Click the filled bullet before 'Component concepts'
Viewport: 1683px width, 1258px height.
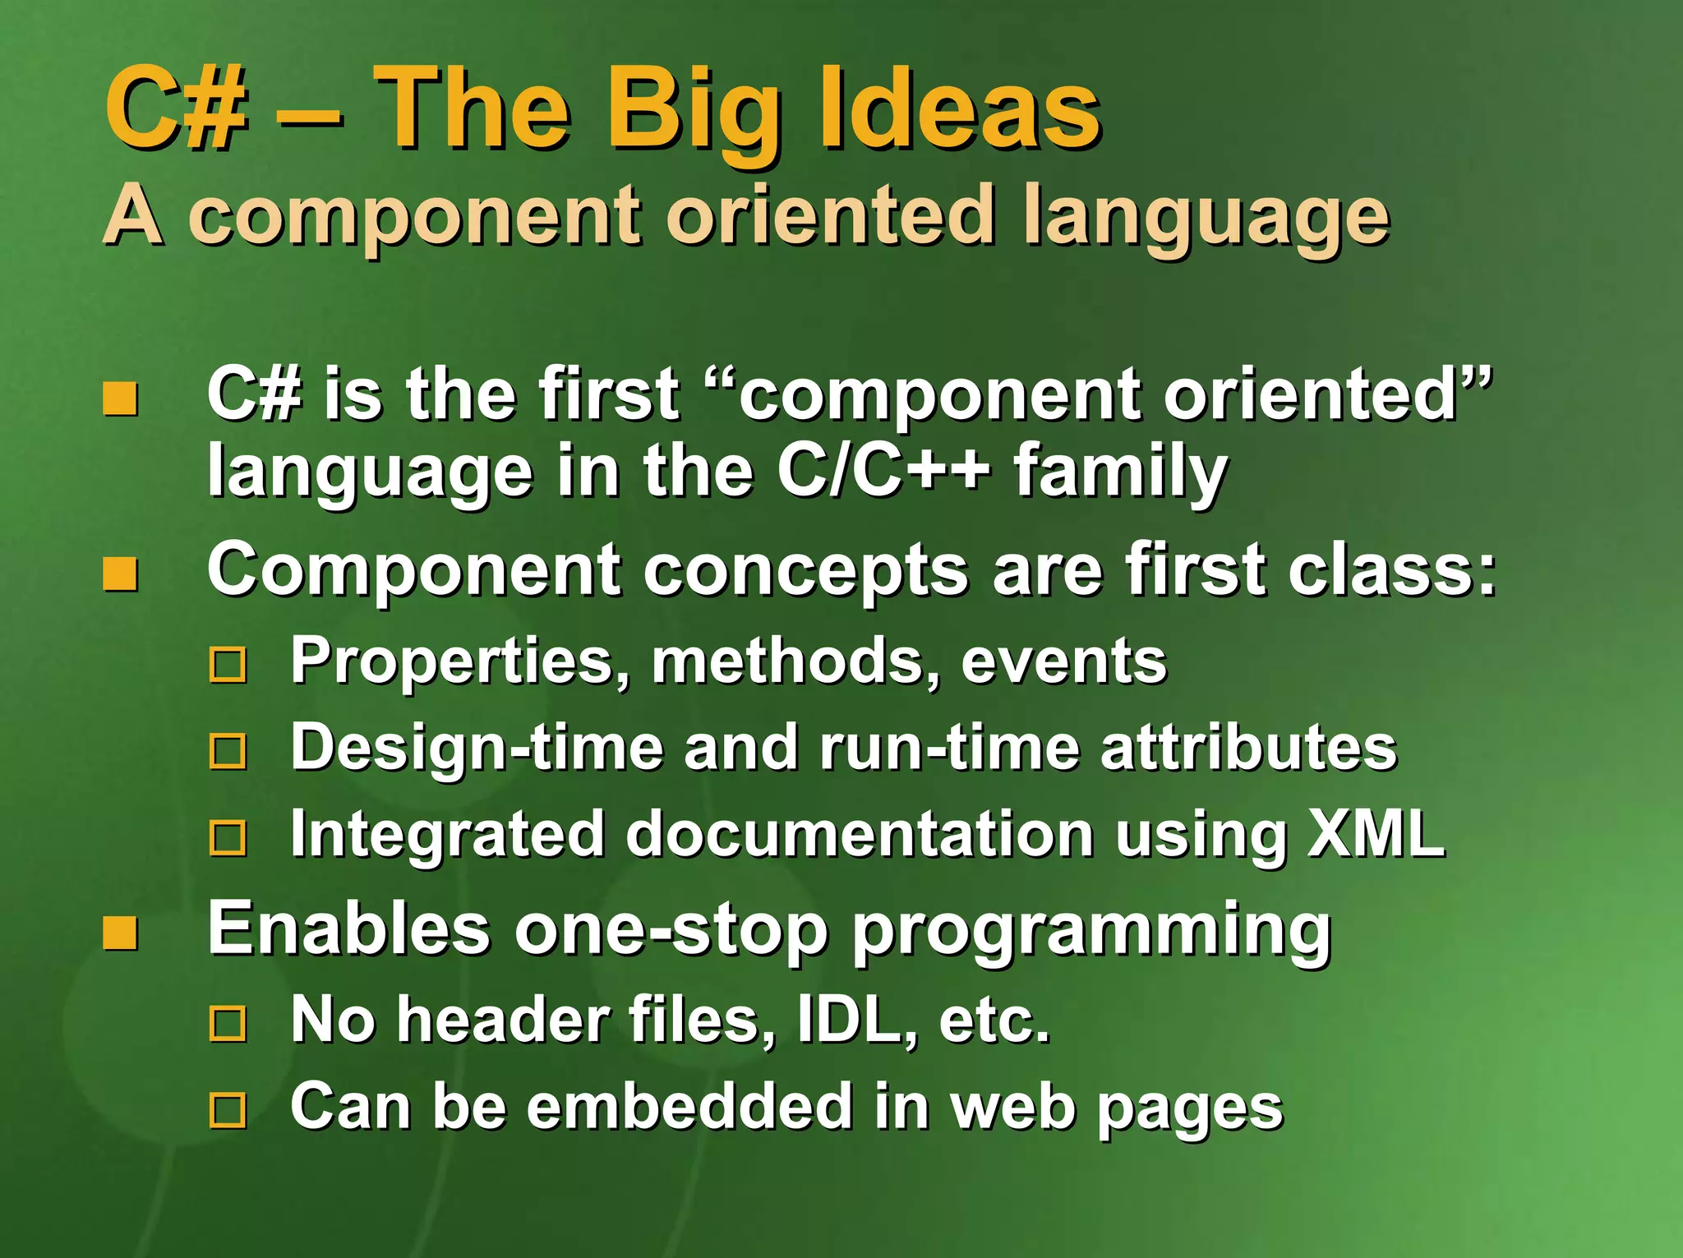pos(120,574)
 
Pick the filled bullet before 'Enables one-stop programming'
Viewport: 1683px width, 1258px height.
pos(120,933)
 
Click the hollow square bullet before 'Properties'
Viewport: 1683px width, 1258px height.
pos(228,665)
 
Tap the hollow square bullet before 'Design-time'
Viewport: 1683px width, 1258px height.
pos(228,751)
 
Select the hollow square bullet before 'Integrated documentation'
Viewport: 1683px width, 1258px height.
pos(228,838)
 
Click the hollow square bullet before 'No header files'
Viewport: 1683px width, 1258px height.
pos(228,1024)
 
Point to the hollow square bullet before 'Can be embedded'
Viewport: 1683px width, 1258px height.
pos(228,1110)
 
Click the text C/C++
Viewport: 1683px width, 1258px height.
pos(883,472)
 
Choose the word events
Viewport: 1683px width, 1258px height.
pos(1063,661)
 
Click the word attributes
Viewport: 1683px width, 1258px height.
pos(1248,748)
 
